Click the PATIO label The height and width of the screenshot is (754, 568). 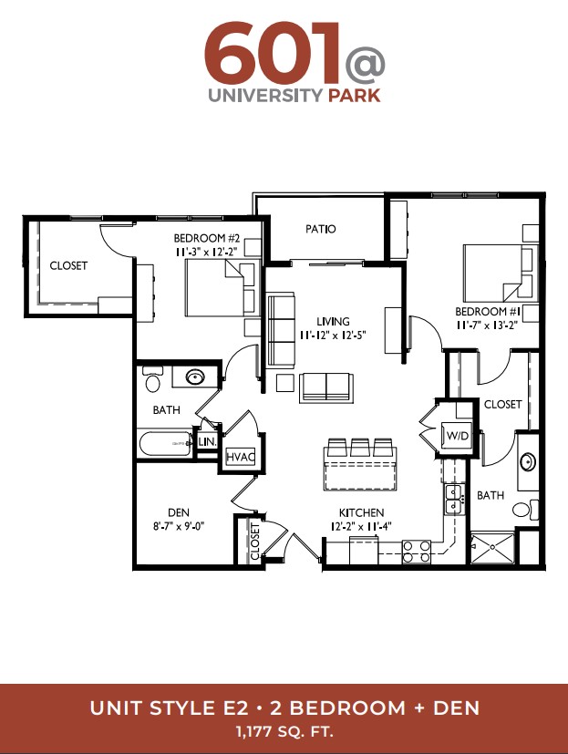(320, 229)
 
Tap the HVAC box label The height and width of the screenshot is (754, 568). (240, 457)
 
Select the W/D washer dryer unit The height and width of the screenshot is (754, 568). (457, 435)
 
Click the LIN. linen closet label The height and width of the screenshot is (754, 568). (208, 441)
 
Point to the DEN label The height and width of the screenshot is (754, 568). (179, 512)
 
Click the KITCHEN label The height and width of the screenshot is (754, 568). (361, 512)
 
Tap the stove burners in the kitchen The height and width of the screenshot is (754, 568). (417, 552)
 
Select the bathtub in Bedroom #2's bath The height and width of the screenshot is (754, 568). (165, 444)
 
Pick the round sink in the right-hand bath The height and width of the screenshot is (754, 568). (528, 461)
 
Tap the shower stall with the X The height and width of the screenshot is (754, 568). (492, 547)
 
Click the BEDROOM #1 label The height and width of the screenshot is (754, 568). (488, 312)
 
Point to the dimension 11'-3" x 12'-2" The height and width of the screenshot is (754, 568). (206, 252)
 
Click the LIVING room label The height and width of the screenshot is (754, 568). (333, 321)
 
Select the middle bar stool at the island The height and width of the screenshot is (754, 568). (360, 448)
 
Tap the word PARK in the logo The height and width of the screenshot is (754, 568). (355, 95)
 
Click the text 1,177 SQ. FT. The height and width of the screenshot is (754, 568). (284, 732)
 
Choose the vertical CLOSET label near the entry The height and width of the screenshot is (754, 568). (255, 541)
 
